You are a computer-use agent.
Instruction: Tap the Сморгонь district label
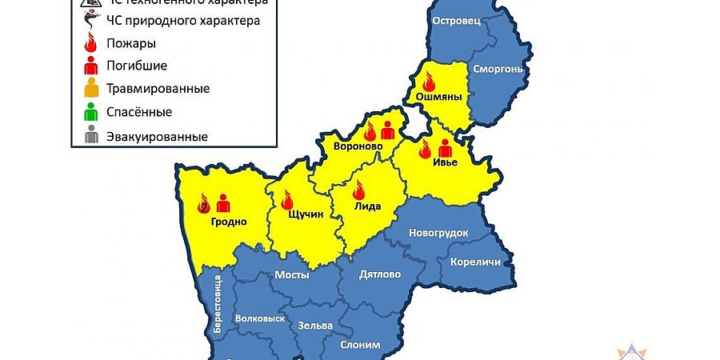point(498,69)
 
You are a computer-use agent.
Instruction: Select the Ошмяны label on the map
point(435,97)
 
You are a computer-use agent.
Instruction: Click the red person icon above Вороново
point(388,130)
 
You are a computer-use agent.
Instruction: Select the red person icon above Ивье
point(445,148)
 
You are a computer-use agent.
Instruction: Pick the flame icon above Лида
point(358,190)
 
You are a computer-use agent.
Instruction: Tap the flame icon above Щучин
point(286,200)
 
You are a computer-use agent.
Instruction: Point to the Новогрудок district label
point(438,232)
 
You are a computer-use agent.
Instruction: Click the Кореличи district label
point(475,262)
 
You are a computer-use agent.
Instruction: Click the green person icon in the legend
point(92,111)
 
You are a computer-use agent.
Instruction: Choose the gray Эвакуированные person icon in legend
point(92,135)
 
